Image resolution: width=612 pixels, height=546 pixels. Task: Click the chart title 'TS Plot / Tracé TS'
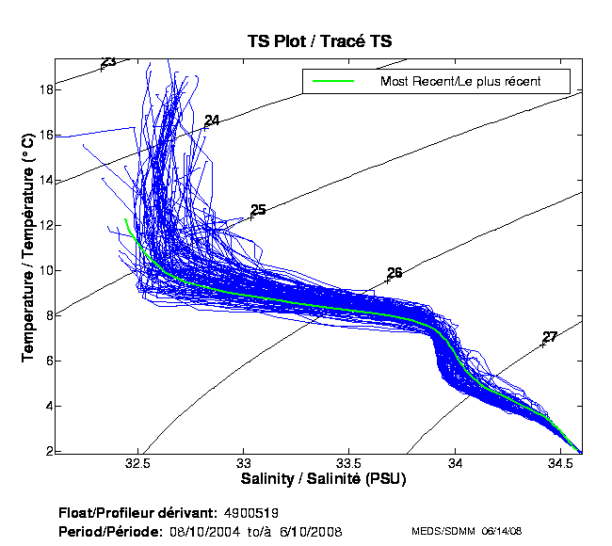[x=319, y=41]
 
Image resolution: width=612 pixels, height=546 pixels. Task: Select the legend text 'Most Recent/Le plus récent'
[x=459, y=81]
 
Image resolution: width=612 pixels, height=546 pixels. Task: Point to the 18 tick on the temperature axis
[x=45, y=90]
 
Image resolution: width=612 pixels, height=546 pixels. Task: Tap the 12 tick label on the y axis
[x=45, y=226]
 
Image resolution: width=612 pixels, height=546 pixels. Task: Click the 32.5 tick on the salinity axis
[x=138, y=464]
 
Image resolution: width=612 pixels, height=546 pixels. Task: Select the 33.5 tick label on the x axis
[x=349, y=464]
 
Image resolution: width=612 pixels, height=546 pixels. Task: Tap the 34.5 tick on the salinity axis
[x=561, y=464]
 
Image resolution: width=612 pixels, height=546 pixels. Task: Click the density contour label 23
[x=108, y=62]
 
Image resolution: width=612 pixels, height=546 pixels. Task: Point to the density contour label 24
[x=212, y=120]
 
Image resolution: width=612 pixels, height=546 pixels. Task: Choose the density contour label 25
[x=258, y=210]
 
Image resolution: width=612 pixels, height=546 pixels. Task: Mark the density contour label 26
[x=395, y=273]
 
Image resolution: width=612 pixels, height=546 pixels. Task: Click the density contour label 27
[x=550, y=337]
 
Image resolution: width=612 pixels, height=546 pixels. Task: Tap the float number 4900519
[x=250, y=513]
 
